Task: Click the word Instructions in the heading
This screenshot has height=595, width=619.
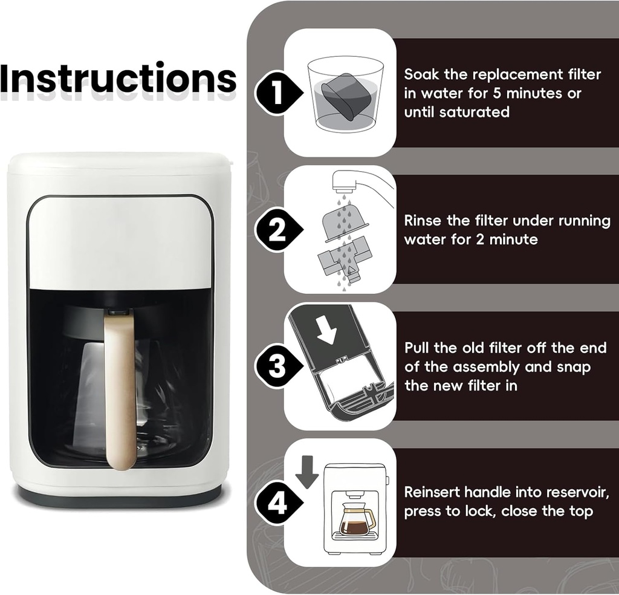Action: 118,79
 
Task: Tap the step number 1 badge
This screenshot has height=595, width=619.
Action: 276,94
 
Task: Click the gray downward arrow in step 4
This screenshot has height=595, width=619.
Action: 307,472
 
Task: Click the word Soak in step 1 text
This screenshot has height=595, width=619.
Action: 421,74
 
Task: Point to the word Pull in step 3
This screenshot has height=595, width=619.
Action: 417,348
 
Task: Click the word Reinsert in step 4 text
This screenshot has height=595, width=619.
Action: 433,492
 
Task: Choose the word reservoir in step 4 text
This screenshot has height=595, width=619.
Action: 565,492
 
